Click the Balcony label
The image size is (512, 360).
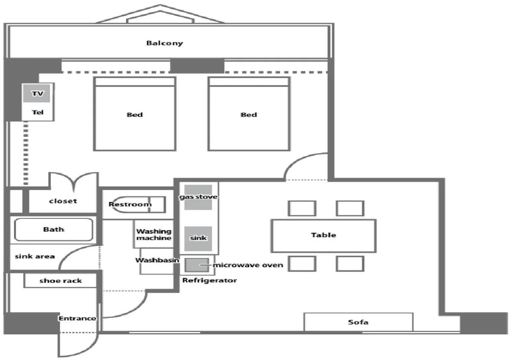[164, 43]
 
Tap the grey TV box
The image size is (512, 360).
[36, 94]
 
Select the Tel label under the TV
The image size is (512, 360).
[37, 113]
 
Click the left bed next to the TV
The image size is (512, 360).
[135, 114]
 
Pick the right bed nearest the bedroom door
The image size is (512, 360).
[248, 114]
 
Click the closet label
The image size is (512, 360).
[63, 201]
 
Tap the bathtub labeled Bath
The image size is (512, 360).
[54, 230]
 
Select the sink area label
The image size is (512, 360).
[35, 256]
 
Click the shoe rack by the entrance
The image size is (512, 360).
[61, 281]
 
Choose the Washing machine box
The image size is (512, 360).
[154, 234]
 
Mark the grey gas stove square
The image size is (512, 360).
[198, 197]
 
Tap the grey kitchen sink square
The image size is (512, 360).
[198, 238]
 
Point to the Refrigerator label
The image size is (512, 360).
[210, 280]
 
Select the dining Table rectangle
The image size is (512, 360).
[323, 235]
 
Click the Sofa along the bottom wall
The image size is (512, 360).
[358, 322]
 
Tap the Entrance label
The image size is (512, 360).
[77, 318]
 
